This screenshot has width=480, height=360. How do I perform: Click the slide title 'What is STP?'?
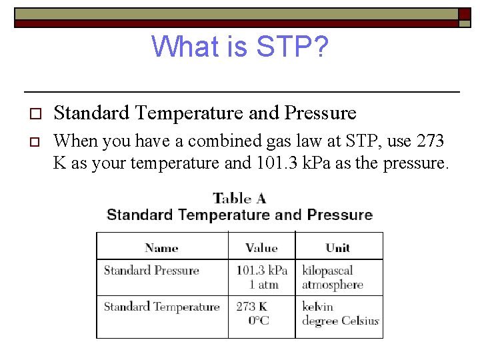pos(239,47)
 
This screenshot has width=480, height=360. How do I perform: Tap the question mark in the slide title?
pos(319,47)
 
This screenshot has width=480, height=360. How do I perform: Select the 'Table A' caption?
pos(239,198)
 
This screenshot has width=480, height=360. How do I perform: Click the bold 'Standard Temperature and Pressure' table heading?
pos(239,215)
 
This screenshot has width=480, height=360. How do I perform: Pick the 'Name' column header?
pos(161,248)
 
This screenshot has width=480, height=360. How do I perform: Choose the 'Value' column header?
pos(261,248)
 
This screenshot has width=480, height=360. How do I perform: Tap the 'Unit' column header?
pos(338,248)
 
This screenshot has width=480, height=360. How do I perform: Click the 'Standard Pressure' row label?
pos(151,271)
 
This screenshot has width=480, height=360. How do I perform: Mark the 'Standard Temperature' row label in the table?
pos(161,307)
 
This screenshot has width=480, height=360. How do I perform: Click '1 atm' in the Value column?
pos(263,285)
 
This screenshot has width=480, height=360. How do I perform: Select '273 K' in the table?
pos(251,307)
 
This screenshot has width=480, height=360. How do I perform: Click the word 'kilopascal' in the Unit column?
pos(327,271)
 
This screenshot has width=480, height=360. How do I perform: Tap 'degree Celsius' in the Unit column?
pos(340,321)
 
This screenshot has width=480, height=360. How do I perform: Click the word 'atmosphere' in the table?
pos(332,285)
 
